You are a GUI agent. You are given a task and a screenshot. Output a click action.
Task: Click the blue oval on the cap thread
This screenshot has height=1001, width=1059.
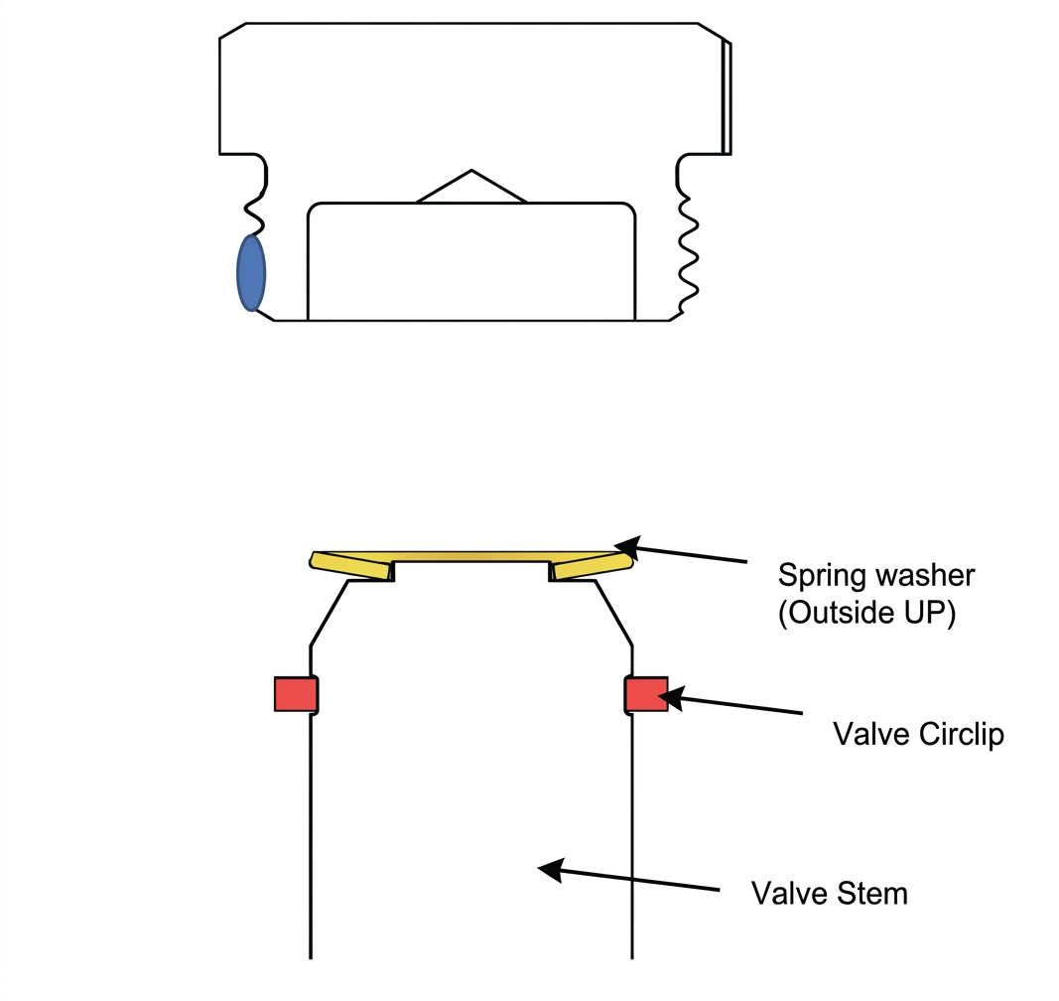pyautogui.click(x=251, y=273)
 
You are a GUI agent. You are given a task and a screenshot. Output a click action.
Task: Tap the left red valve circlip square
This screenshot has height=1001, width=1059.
pyautogui.click(x=296, y=694)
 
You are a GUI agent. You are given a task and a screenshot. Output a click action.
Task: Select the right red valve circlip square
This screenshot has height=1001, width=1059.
pyautogui.click(x=646, y=694)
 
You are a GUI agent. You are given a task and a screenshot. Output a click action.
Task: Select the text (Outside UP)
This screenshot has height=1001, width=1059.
pyautogui.click(x=867, y=613)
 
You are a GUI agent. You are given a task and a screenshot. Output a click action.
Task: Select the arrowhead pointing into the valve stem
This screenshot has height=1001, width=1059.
pyautogui.click(x=551, y=870)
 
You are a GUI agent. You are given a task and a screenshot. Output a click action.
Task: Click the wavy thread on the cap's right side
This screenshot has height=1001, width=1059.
pyautogui.click(x=688, y=253)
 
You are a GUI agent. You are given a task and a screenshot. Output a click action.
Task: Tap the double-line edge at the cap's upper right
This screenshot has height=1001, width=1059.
pyautogui.click(x=727, y=98)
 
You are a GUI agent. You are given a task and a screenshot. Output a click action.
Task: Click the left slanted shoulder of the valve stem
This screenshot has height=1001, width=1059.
pyautogui.click(x=330, y=613)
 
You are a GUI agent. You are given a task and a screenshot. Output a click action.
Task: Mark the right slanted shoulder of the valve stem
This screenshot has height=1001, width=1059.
pyautogui.click(x=613, y=613)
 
